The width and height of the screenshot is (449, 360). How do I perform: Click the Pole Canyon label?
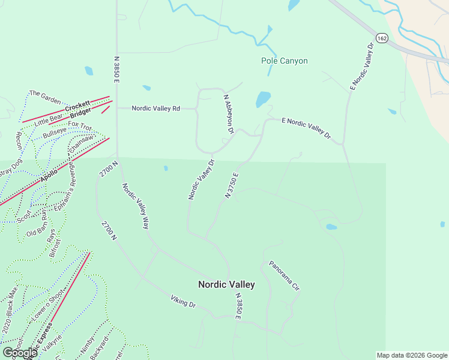coord(285,61)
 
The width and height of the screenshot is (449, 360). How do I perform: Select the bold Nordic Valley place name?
coord(226,284)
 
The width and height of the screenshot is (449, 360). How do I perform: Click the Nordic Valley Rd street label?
coord(156,109)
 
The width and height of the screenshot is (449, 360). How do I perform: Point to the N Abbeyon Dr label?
coord(228,113)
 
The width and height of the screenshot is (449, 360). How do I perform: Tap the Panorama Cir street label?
coord(284,275)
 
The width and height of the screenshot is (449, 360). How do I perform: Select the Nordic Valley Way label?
coord(136,206)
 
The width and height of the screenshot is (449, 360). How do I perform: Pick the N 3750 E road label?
coord(232,185)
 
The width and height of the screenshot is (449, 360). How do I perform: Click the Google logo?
coord(19,353)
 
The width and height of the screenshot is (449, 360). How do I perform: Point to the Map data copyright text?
coord(411,355)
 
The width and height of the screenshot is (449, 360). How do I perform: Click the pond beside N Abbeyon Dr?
coord(263,99)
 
